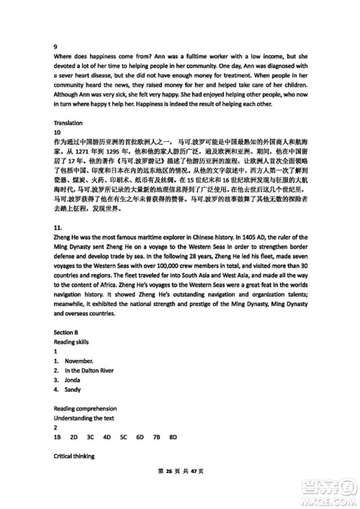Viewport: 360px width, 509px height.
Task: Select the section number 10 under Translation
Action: [x=58, y=133]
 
